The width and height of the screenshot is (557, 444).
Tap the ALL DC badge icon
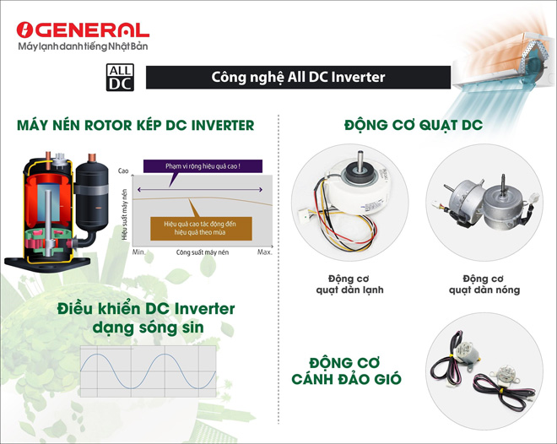click(118, 77)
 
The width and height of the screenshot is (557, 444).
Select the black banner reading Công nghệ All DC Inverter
click(298, 78)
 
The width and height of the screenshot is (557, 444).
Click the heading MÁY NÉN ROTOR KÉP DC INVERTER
click(135, 125)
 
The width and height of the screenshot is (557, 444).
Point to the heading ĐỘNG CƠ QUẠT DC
click(414, 125)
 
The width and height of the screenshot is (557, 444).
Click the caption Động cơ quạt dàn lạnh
click(338, 284)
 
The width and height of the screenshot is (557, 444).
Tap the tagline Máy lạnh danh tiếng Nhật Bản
click(82, 46)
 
